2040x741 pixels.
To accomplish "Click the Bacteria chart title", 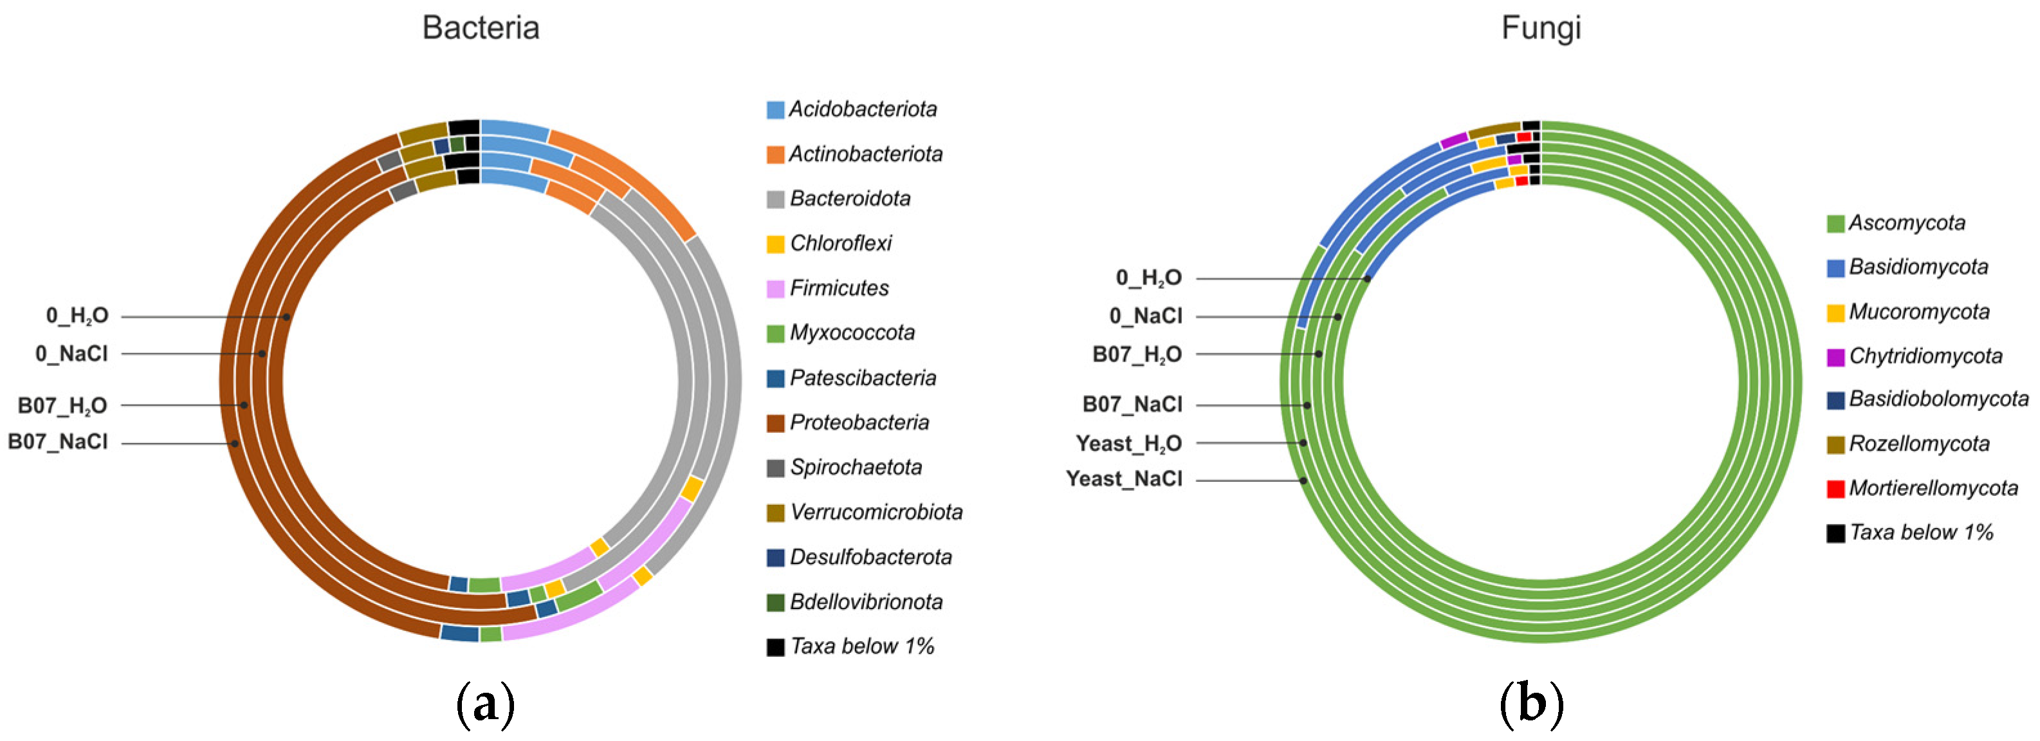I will (481, 28).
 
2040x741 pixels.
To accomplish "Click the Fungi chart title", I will (1540, 28).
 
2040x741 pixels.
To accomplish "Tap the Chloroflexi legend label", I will (840, 243).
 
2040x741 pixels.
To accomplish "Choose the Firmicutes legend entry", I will (839, 288).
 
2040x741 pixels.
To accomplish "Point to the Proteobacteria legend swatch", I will (775, 423).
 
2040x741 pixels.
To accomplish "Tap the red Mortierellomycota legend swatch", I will (1835, 488).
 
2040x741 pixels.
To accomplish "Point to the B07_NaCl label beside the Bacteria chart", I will (58, 442).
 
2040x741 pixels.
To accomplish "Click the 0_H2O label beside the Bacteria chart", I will (77, 316).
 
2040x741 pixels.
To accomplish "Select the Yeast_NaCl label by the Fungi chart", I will (1124, 479).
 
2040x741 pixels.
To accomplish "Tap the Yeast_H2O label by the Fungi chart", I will (1128, 443).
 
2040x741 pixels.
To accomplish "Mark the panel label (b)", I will (1532, 703).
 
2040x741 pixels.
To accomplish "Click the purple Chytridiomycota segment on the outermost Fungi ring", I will (1454, 141).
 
